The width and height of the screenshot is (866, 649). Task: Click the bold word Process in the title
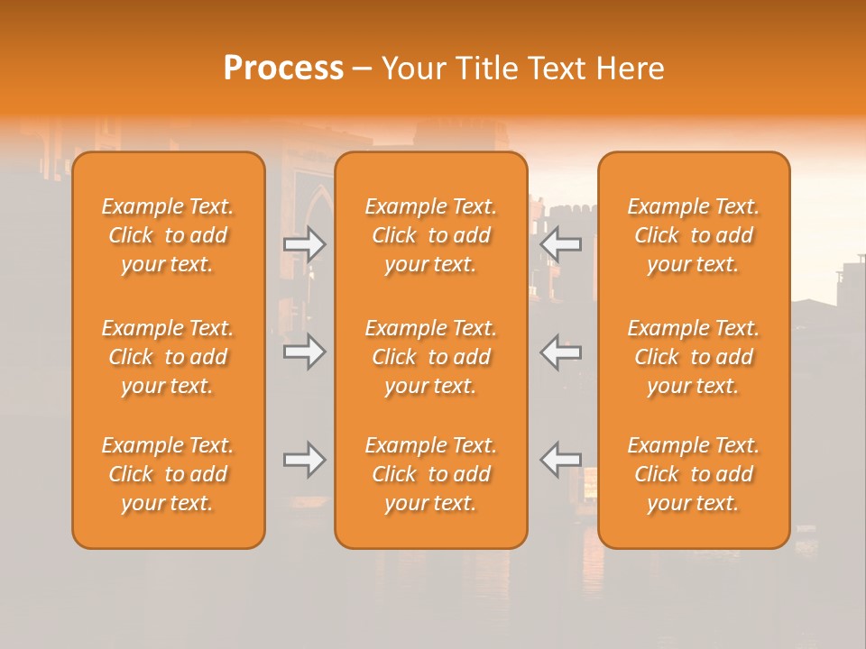pos(283,69)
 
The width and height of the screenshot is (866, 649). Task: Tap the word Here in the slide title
pos(628,69)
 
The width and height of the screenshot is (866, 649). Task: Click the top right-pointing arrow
pos(305,244)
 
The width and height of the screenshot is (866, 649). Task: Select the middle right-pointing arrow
pos(305,351)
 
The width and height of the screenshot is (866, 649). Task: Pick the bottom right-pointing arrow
pos(305,460)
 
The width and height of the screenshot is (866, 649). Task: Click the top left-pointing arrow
pos(561,244)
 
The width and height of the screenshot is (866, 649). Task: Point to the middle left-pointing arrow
pos(561,351)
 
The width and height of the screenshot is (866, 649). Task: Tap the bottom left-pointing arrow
pos(561,460)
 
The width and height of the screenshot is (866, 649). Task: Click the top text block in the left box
pos(168,235)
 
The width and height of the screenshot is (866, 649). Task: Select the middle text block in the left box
pos(168,357)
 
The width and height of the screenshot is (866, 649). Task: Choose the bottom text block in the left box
pos(168,474)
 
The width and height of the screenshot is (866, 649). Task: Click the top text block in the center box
pos(431,235)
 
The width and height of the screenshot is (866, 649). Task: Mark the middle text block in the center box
pos(431,357)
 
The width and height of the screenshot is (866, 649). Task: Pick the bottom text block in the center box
pos(431,474)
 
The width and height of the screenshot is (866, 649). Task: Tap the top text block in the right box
pos(694,235)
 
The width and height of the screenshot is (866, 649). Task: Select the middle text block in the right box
pos(694,357)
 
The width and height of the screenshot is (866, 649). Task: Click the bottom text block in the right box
pos(694,474)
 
